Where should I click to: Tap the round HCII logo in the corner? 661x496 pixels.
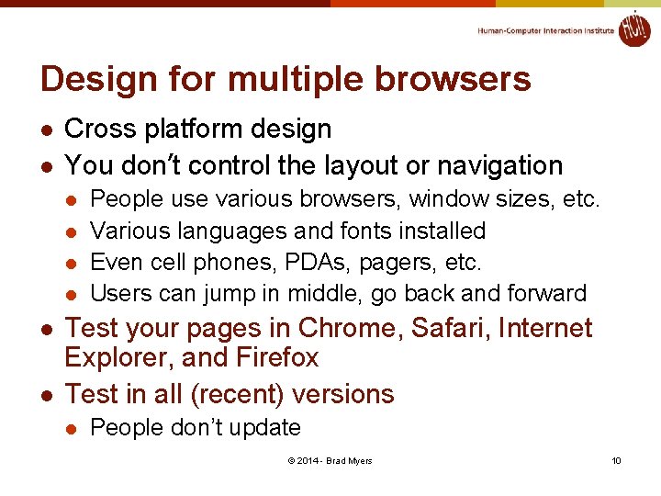[x=633, y=28]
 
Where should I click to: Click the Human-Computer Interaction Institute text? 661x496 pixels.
[x=545, y=31]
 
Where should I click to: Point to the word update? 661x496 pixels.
[x=269, y=428]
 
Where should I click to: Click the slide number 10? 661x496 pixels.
[x=616, y=460]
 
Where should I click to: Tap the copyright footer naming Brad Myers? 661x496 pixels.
[x=330, y=460]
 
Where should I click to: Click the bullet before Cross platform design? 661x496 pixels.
[x=47, y=130]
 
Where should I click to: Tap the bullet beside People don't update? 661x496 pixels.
[x=73, y=429]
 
